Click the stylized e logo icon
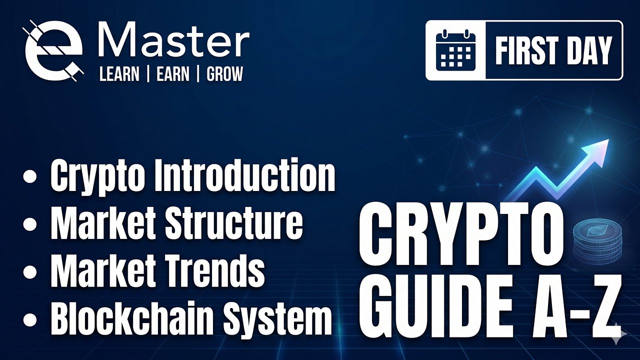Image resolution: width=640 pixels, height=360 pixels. [x=53, y=51]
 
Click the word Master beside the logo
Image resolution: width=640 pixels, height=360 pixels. [x=174, y=40]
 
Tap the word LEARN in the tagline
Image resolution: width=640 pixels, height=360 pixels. [x=119, y=74]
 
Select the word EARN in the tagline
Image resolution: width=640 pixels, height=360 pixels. [x=173, y=74]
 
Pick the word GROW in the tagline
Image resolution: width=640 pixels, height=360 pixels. [x=224, y=74]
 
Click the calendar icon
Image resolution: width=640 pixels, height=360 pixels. [x=455, y=50]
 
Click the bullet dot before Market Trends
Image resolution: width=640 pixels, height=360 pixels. [x=30, y=271]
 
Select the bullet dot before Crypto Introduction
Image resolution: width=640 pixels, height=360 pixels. [x=30, y=176]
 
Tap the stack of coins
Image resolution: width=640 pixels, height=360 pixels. [x=597, y=243]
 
